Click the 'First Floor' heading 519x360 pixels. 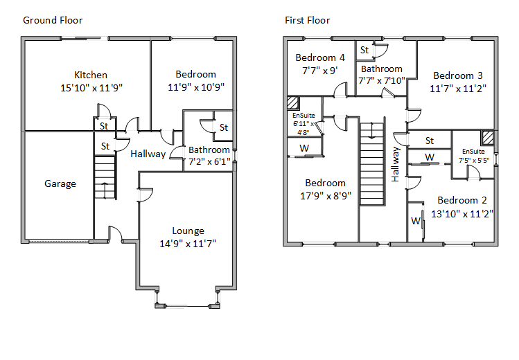308,20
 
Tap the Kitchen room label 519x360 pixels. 91,75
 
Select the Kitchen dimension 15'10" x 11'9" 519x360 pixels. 91,87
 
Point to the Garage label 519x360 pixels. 60,183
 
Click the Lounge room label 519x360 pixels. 188,231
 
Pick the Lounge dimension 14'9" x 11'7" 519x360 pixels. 188,244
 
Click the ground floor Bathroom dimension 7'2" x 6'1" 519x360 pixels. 209,162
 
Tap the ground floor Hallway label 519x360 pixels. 148,154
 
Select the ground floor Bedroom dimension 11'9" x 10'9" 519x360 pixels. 195,87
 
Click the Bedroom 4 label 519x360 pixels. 320,57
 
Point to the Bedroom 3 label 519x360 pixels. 458,75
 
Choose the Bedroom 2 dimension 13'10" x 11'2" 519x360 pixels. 461,215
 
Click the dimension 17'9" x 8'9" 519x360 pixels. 325,196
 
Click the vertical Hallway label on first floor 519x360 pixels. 396,164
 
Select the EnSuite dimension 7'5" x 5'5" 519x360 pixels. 474,160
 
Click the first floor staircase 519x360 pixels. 372,163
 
